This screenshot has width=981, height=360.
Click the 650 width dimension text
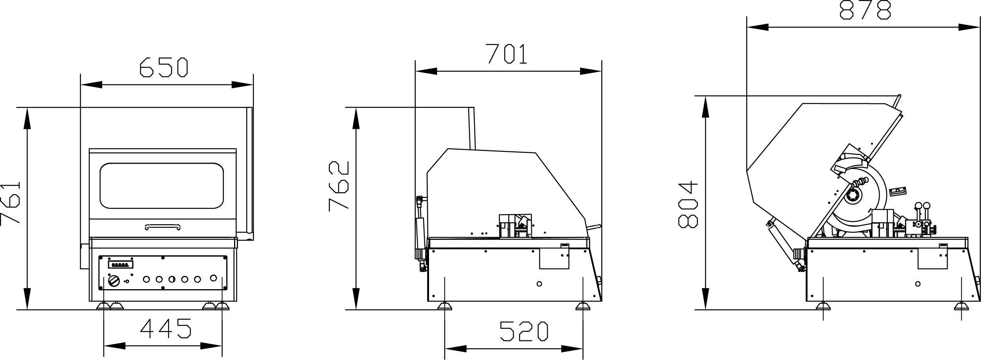pyautogui.click(x=164, y=67)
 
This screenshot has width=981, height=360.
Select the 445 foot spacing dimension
pyautogui.click(x=166, y=328)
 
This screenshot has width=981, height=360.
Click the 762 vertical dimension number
pyautogui.click(x=339, y=187)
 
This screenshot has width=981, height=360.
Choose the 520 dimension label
pyautogui.click(x=524, y=331)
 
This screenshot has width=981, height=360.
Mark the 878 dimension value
pyautogui.click(x=865, y=9)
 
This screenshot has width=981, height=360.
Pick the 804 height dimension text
pyautogui.click(x=688, y=204)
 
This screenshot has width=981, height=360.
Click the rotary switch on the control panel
pyautogui.click(x=114, y=281)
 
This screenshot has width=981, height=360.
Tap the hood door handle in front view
pyautogui.click(x=162, y=226)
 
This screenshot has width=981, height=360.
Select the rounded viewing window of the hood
pyautogui.click(x=162, y=185)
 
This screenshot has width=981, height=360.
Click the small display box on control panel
pyautogui.click(x=121, y=265)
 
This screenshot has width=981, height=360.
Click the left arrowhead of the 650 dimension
pyautogui.click(x=91, y=85)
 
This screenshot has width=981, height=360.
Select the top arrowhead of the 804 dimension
pyautogui.click(x=705, y=106)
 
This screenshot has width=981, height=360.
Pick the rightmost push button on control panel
pyautogui.click(x=213, y=278)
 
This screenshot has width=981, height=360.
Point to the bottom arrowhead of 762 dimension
pyautogui.click(x=356, y=299)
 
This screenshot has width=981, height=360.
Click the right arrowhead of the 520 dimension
pyautogui.click(x=572, y=349)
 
